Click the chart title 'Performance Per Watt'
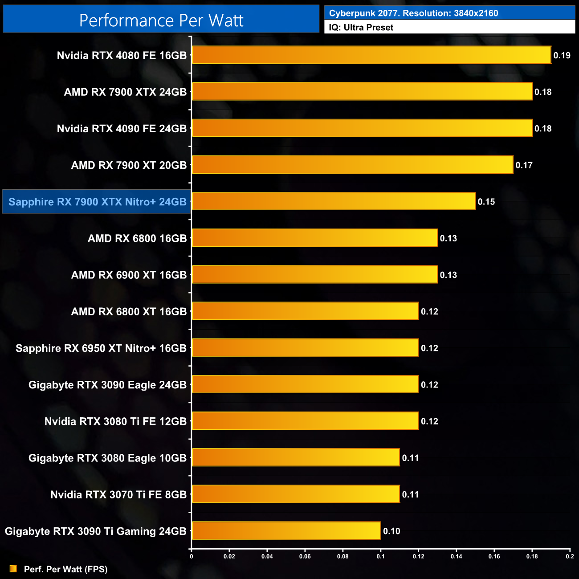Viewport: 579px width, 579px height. [x=161, y=20]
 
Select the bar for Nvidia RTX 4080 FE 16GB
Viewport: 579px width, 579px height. [x=371, y=55]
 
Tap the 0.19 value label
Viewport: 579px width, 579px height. [x=562, y=55]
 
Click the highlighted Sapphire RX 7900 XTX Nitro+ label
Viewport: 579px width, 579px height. [x=97, y=202]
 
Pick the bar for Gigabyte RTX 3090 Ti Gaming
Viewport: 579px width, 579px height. [x=286, y=530]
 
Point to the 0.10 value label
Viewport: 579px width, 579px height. [x=391, y=531]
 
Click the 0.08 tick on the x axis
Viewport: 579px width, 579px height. [x=343, y=556]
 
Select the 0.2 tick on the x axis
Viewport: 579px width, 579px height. [x=570, y=556]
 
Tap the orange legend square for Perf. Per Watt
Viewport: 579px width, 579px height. [x=13, y=569]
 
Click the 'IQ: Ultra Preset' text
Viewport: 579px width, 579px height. [x=361, y=28]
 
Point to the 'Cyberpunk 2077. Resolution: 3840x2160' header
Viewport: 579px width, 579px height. [x=413, y=13]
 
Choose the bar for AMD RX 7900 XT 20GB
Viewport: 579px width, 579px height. [x=352, y=165]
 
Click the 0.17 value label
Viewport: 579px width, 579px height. [x=524, y=165]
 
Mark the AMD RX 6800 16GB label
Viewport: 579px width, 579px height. [x=137, y=238]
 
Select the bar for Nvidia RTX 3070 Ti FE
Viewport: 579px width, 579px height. [x=295, y=494]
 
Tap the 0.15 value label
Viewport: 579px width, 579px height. [x=486, y=202]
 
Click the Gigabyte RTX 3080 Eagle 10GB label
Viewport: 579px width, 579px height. [x=107, y=458]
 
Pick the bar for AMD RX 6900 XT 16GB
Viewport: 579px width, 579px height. [x=314, y=274]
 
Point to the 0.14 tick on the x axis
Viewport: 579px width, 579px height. [x=456, y=556]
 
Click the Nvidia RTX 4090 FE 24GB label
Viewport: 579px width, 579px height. [x=122, y=129]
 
